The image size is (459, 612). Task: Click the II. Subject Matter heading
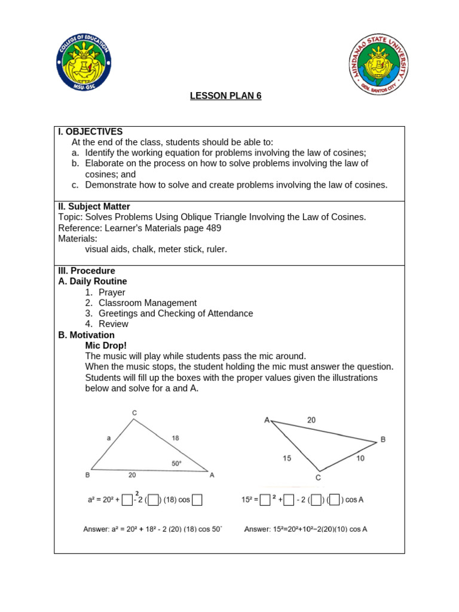[94, 206]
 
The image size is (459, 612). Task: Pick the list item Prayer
[112, 292]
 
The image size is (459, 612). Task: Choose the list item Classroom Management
[147, 303]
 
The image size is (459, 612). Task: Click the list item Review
[114, 324]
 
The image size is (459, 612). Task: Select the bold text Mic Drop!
[106, 345]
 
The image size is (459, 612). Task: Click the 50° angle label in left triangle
[177, 463]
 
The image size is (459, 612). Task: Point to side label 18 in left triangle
[175, 438]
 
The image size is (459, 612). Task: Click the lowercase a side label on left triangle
[109, 438]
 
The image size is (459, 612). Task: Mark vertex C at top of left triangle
[134, 412]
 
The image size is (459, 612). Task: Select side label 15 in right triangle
[287, 458]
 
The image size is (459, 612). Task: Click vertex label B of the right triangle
[383, 439]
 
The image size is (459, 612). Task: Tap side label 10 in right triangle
[360, 458]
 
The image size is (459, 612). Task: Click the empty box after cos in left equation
[197, 500]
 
